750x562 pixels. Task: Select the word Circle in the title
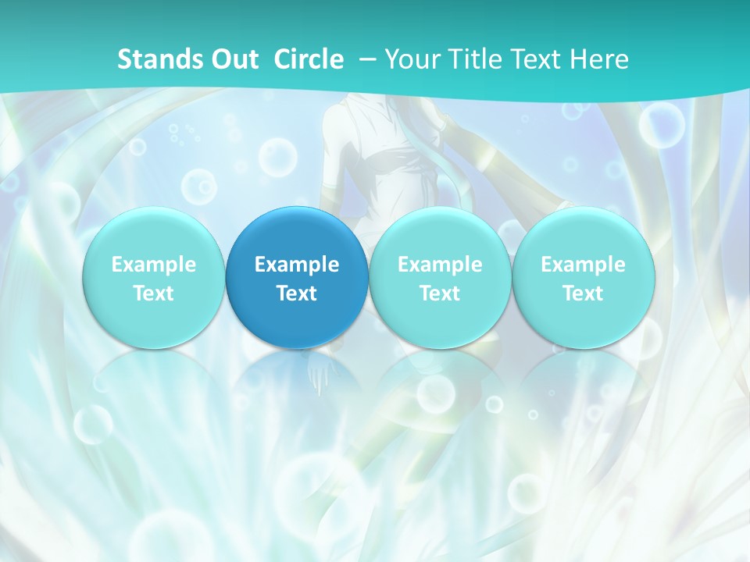point(309,59)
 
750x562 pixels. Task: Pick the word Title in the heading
point(474,59)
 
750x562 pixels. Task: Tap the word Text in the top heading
point(538,59)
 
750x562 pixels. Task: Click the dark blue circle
point(297,278)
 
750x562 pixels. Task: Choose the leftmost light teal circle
point(153,278)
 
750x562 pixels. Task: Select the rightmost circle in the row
point(583,278)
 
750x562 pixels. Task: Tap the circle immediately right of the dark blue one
point(440,278)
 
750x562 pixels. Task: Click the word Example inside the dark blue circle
point(297,265)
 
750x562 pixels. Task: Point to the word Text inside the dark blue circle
point(297,293)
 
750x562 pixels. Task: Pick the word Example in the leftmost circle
point(153,265)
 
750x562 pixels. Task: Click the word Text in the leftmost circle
point(153,293)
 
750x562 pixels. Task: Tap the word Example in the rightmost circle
point(583,265)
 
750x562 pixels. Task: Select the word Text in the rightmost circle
point(583,293)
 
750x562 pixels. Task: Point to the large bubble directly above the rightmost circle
point(661,125)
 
